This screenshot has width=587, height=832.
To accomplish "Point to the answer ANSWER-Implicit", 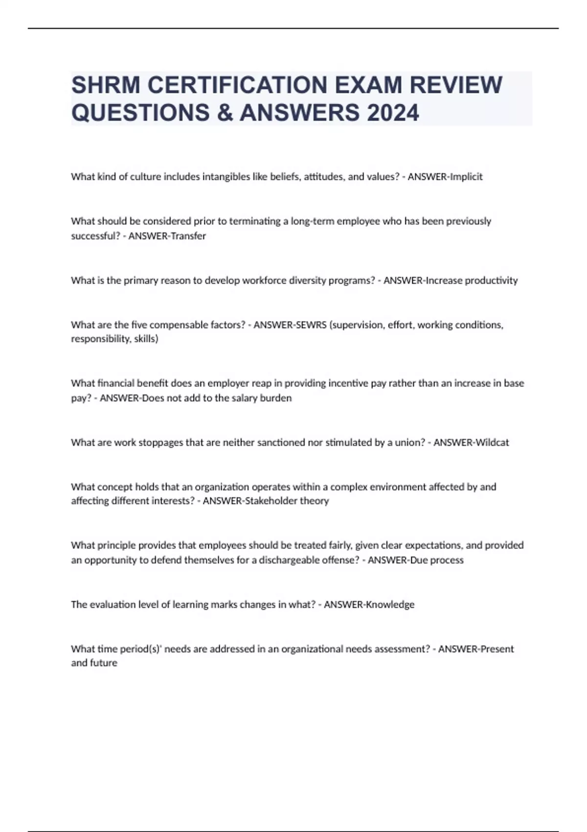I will point(445,177).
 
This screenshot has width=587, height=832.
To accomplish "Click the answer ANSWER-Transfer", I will point(167,236).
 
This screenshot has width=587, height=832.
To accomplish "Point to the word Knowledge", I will point(390,604).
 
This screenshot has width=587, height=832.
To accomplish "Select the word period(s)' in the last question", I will point(142,649).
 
